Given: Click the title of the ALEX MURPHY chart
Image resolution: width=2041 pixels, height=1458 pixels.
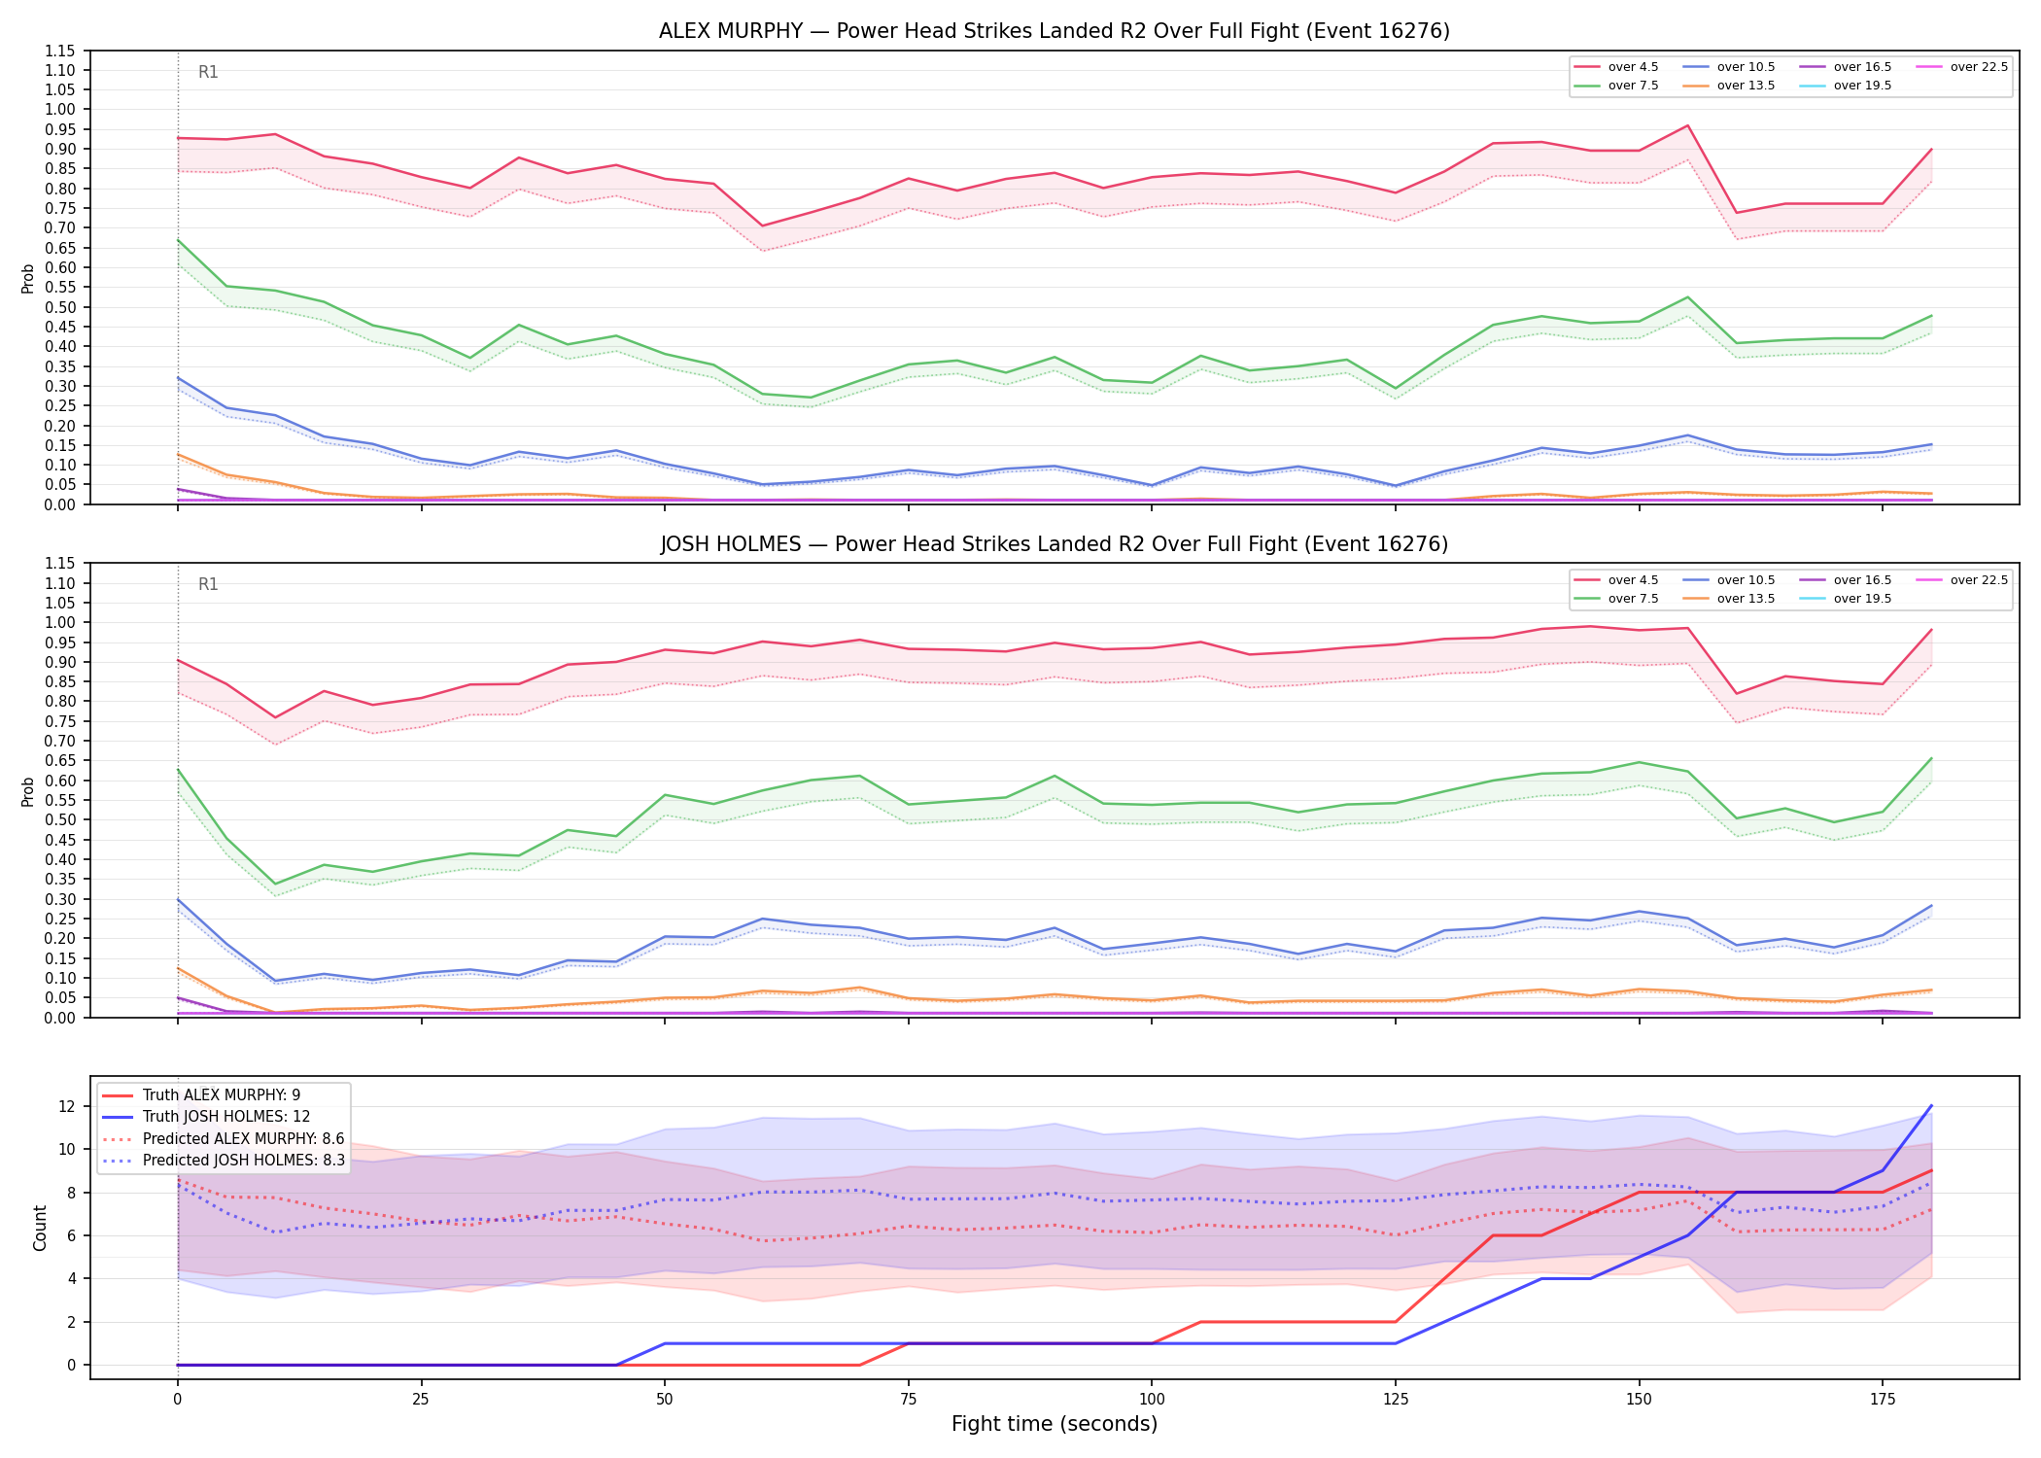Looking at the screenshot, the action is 1054,31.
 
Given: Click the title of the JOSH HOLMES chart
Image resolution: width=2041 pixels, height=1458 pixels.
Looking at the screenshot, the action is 1054,544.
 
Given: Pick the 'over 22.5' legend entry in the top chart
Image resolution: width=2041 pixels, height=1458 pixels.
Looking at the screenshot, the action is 1962,67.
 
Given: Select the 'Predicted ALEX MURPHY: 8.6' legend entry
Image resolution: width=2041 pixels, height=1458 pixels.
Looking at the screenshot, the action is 223,1138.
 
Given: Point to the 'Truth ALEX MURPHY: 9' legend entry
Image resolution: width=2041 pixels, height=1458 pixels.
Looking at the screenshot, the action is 201,1095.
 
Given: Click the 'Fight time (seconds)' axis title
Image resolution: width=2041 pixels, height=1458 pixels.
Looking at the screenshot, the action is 1055,1424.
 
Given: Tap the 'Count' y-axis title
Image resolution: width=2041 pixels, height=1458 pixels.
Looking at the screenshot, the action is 40,1228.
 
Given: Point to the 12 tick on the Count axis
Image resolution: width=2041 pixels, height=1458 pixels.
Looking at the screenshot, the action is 67,1106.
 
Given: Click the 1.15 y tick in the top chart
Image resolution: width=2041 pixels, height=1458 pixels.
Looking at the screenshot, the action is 60,51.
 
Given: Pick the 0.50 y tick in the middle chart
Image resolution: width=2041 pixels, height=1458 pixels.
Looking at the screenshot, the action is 60,819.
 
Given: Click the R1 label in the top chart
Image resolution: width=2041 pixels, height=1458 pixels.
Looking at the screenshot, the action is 208,72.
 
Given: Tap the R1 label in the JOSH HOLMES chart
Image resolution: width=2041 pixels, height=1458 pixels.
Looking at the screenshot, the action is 208,584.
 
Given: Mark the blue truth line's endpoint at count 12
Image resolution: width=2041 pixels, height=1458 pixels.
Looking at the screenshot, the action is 1931,1106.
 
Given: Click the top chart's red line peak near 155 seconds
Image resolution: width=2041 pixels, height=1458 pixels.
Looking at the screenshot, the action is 1687,125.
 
